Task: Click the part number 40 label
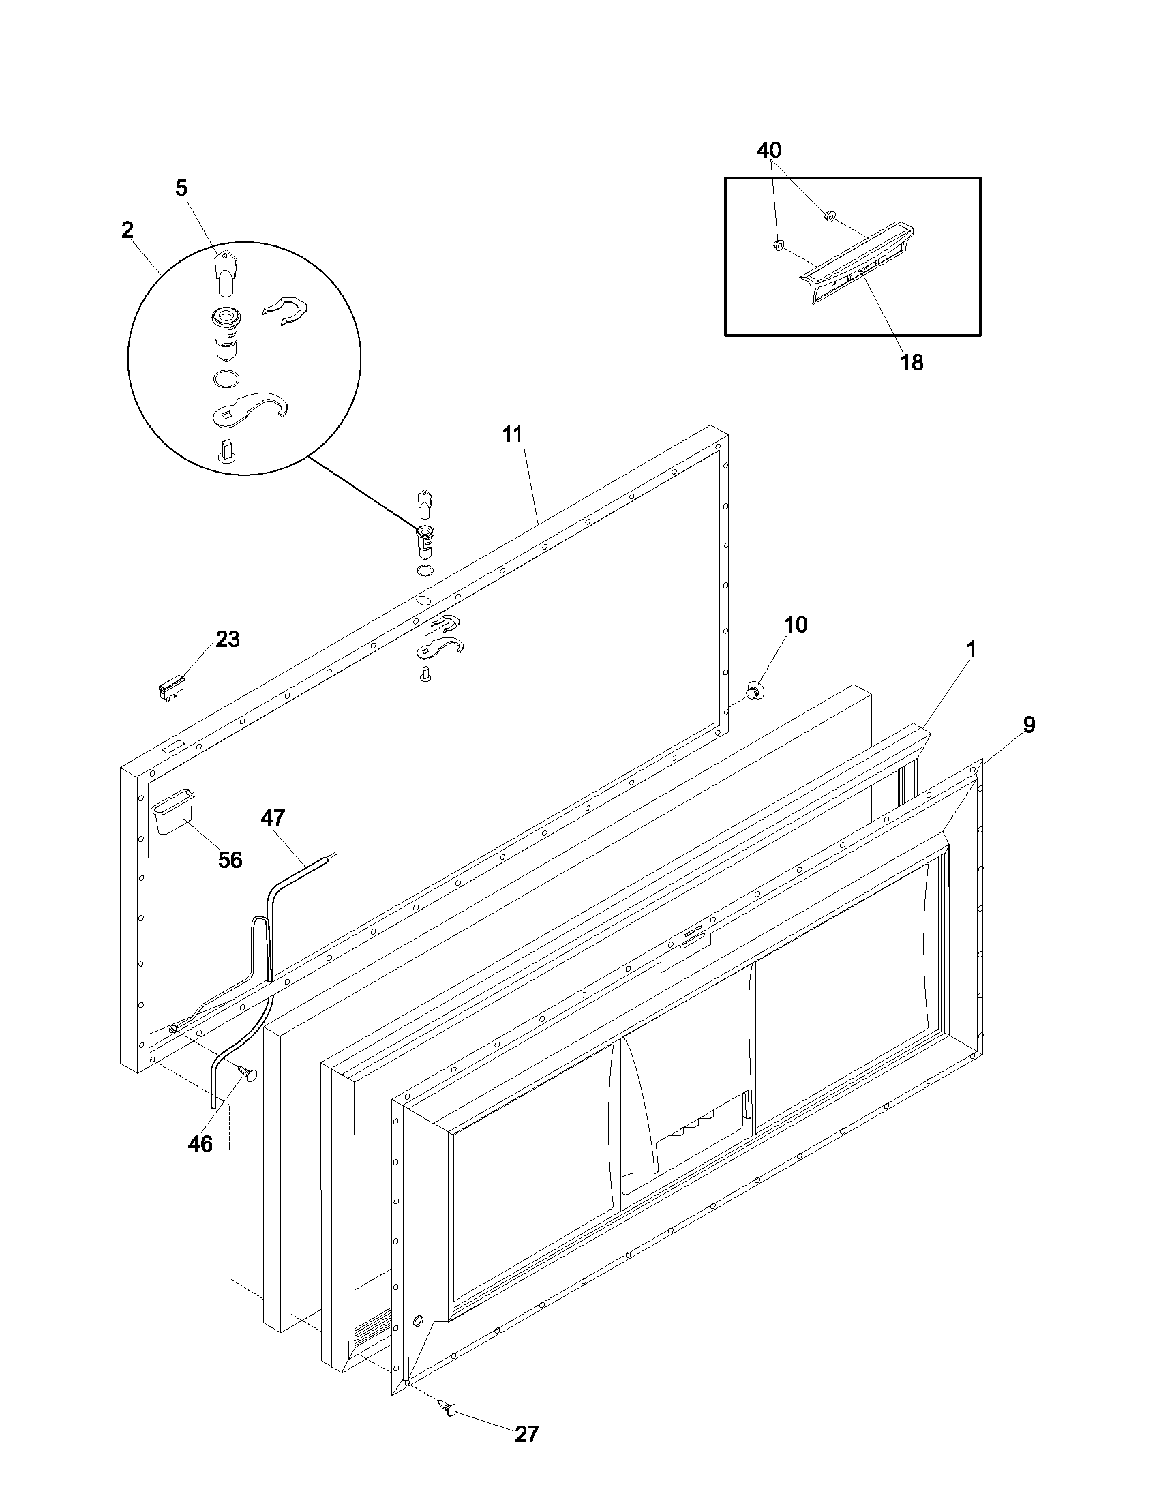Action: pos(769,151)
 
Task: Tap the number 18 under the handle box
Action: pos(912,362)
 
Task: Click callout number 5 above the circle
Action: pos(181,188)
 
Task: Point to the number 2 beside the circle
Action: pos(127,230)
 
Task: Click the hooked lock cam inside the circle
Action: pos(251,408)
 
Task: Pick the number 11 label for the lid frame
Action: pos(512,434)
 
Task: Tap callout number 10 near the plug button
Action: pos(796,625)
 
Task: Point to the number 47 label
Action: pos(273,817)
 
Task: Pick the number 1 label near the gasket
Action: pos(972,649)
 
